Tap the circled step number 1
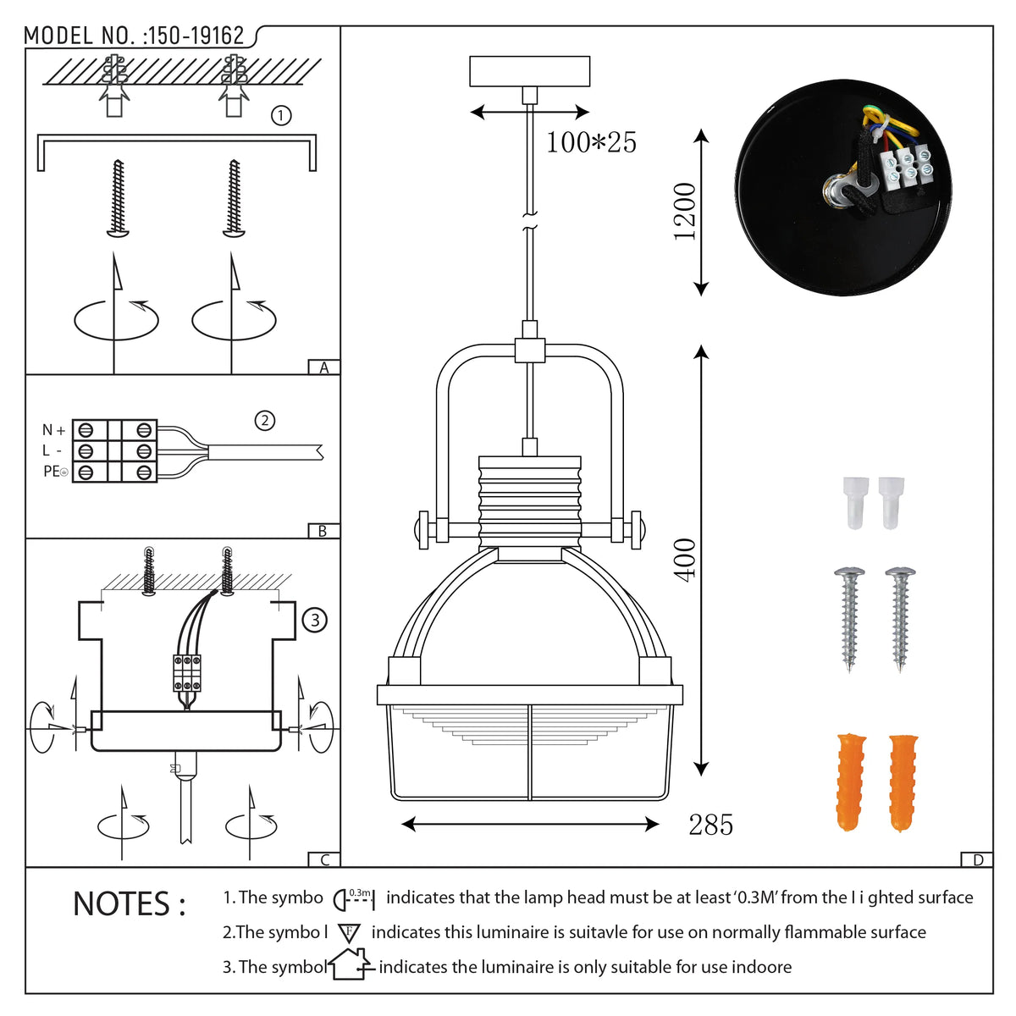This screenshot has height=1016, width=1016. (x=281, y=116)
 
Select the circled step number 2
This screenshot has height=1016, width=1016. (x=265, y=420)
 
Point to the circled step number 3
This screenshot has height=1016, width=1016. (x=315, y=621)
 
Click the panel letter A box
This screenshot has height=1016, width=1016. (x=323, y=367)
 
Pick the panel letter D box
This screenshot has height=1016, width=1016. (x=977, y=860)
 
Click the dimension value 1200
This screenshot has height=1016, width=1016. (x=684, y=212)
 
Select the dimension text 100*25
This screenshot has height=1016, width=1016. (x=591, y=142)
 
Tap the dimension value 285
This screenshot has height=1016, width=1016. (x=710, y=825)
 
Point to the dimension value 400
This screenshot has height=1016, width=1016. (x=684, y=559)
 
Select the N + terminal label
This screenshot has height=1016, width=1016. (x=53, y=430)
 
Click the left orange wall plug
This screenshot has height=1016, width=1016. (x=851, y=783)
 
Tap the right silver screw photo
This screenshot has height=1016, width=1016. (x=900, y=617)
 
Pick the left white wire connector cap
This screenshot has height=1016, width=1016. (x=857, y=501)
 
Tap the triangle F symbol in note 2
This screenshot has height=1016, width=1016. (x=349, y=933)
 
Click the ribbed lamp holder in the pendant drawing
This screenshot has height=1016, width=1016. (x=530, y=499)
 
